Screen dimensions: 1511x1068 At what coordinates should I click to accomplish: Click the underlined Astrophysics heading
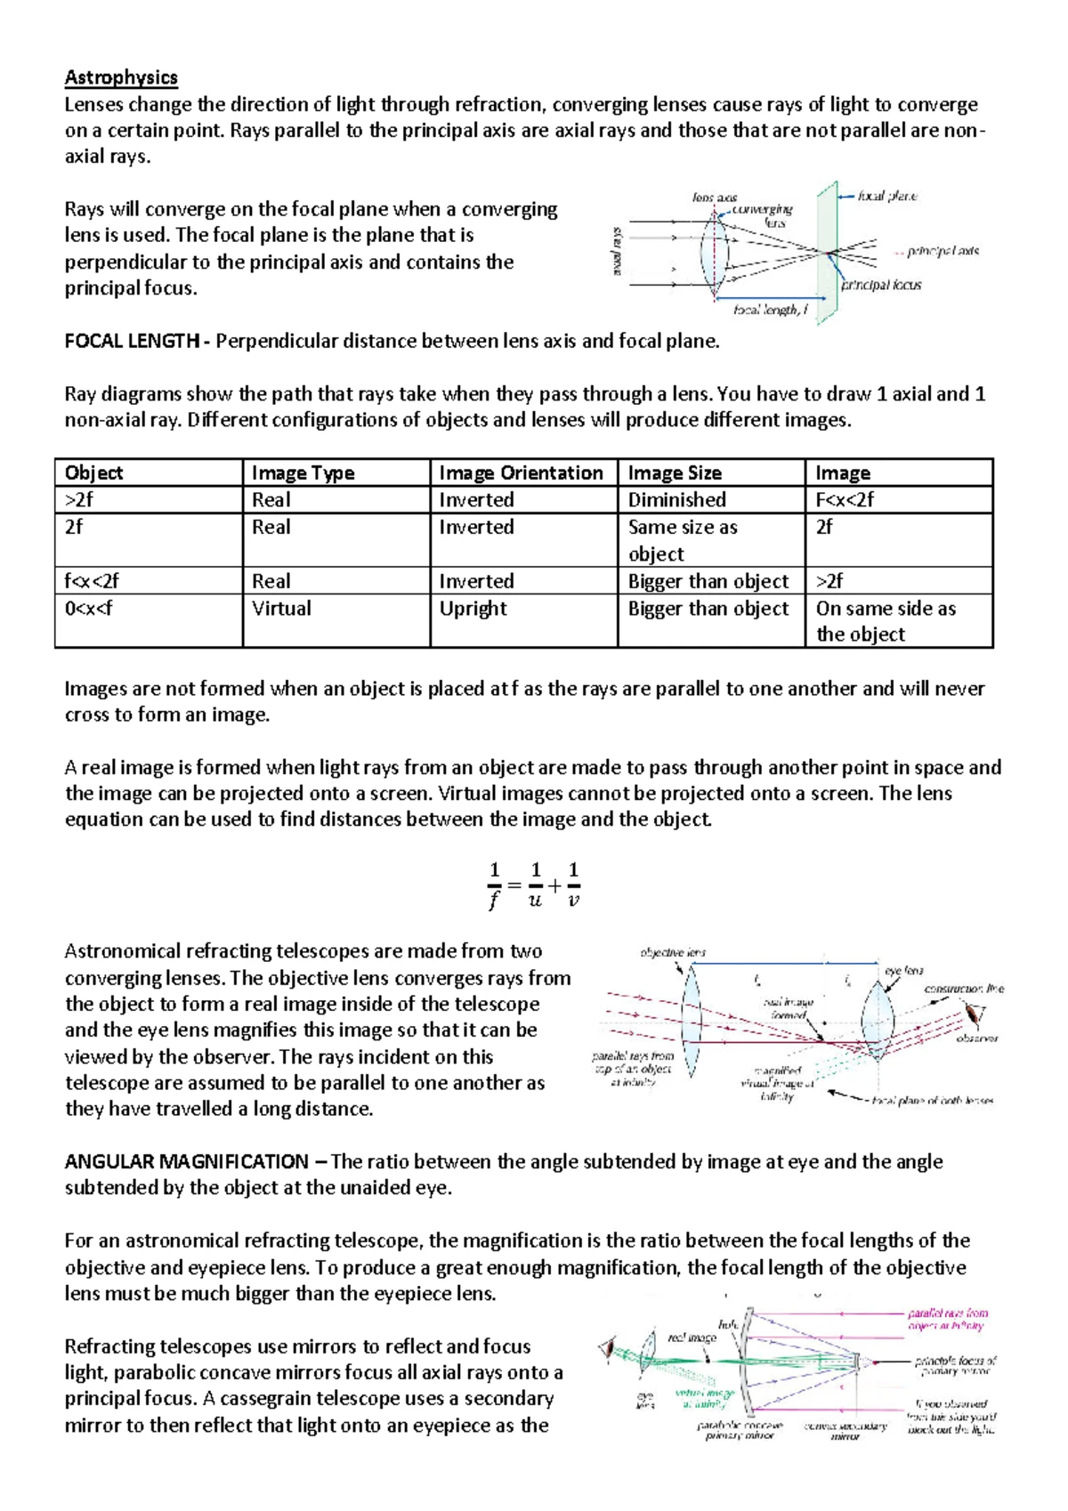pos(121,77)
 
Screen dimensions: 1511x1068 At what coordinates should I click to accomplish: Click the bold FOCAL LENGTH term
pos(132,341)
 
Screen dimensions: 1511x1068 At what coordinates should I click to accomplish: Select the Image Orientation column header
pos(521,473)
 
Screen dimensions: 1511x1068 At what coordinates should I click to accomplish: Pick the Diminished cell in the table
pos(677,499)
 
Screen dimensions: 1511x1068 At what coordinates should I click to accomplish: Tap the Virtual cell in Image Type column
pos(281,608)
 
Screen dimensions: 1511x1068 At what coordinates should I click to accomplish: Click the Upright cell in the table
pos(473,608)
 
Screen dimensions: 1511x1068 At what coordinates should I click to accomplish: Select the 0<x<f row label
pos(89,608)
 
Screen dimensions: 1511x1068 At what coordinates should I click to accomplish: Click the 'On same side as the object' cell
pos(886,621)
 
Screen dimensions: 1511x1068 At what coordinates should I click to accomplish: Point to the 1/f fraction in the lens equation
pos(494,885)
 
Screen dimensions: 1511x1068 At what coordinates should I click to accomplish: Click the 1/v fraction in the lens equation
pos(573,885)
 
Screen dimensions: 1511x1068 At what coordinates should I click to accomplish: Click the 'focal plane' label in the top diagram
pos(887,196)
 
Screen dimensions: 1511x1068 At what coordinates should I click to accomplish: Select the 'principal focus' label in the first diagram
pos(881,285)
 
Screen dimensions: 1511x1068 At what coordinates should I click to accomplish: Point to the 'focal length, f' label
pos(770,310)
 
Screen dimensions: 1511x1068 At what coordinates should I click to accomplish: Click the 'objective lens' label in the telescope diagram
pos(673,952)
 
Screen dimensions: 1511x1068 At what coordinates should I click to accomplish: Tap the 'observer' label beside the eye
pos(976,1038)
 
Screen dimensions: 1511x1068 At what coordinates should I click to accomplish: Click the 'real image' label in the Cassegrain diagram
pos(692,1337)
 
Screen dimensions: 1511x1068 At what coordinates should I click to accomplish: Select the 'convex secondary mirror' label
pos(845,1431)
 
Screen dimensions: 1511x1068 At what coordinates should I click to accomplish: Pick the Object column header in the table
pos(93,473)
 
